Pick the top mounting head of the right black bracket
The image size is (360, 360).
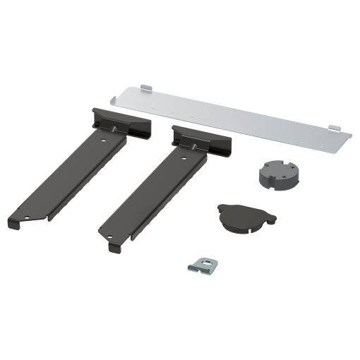[x=200, y=139]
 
